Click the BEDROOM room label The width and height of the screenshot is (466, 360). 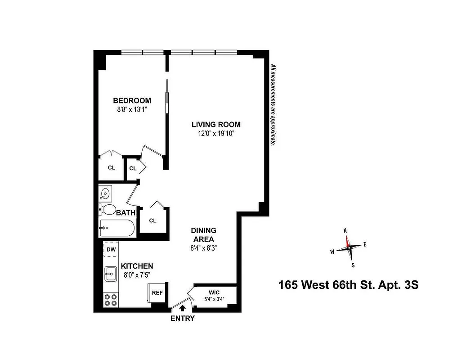click(x=132, y=100)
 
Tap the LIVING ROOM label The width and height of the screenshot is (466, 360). click(x=216, y=124)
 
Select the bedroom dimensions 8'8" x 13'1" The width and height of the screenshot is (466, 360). click(x=132, y=109)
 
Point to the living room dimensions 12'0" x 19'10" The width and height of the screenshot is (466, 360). click(x=216, y=133)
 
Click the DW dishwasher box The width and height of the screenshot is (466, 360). click(x=110, y=249)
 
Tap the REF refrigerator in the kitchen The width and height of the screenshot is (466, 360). click(x=157, y=292)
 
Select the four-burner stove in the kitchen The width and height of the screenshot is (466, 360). click(x=110, y=299)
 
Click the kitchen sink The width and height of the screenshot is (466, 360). click(x=111, y=273)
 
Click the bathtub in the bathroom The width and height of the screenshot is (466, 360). click(x=116, y=229)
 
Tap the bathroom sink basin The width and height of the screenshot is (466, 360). click(x=105, y=194)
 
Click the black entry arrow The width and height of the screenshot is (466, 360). click(x=182, y=308)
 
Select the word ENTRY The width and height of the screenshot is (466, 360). click(x=183, y=319)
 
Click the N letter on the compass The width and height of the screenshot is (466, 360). click(x=345, y=231)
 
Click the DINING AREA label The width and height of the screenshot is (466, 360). click(x=204, y=234)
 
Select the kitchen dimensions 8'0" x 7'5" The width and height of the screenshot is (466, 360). click(x=137, y=275)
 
